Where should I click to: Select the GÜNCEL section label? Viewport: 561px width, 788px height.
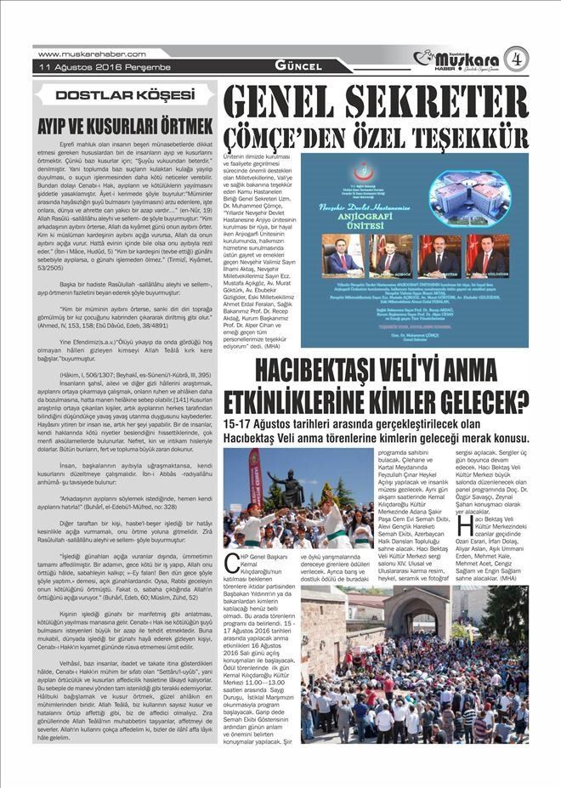(x=297, y=66)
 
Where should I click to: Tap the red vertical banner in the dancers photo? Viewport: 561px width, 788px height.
(x=254, y=485)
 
